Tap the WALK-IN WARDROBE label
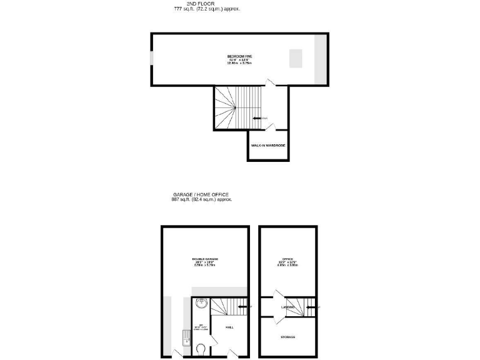point(268,145)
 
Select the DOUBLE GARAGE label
point(205,259)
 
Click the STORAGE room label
point(287,337)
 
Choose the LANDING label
point(287,307)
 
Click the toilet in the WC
point(201,348)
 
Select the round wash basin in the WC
point(201,304)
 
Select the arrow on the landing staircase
point(310,307)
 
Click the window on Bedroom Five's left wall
point(151,60)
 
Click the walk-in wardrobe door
point(269,127)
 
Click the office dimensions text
point(288,264)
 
